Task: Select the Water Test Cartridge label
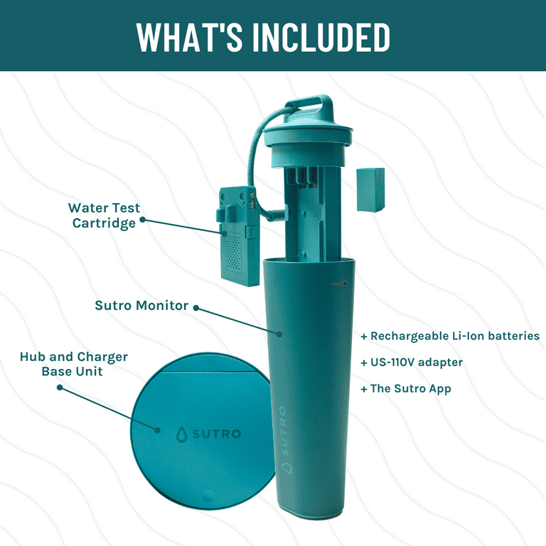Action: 105,215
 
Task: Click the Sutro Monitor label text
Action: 141,306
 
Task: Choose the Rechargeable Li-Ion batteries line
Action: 450,336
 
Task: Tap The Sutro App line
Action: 405,389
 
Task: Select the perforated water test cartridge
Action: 234,242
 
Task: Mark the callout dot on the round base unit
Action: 158,429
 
